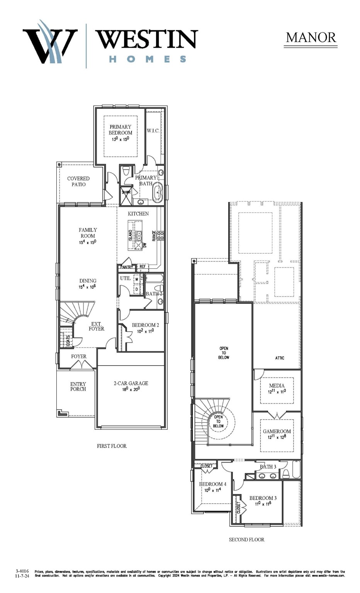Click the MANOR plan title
tap(311, 37)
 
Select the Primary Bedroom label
tap(120, 130)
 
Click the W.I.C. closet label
tap(153, 131)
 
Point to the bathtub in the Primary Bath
tap(157, 193)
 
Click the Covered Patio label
tap(78, 181)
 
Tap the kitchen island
tap(135, 235)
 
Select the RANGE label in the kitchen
tap(154, 236)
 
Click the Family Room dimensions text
tap(88, 242)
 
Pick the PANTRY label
tap(126, 267)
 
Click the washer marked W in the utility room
tap(136, 280)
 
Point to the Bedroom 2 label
tap(145, 325)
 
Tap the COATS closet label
tap(68, 341)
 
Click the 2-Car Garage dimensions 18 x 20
tap(131, 389)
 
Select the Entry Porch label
tap(78, 386)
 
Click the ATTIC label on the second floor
tap(280, 358)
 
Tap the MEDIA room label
tap(277, 386)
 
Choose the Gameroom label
tap(277, 431)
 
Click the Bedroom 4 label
tap(212, 484)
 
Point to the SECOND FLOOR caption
tap(246, 540)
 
